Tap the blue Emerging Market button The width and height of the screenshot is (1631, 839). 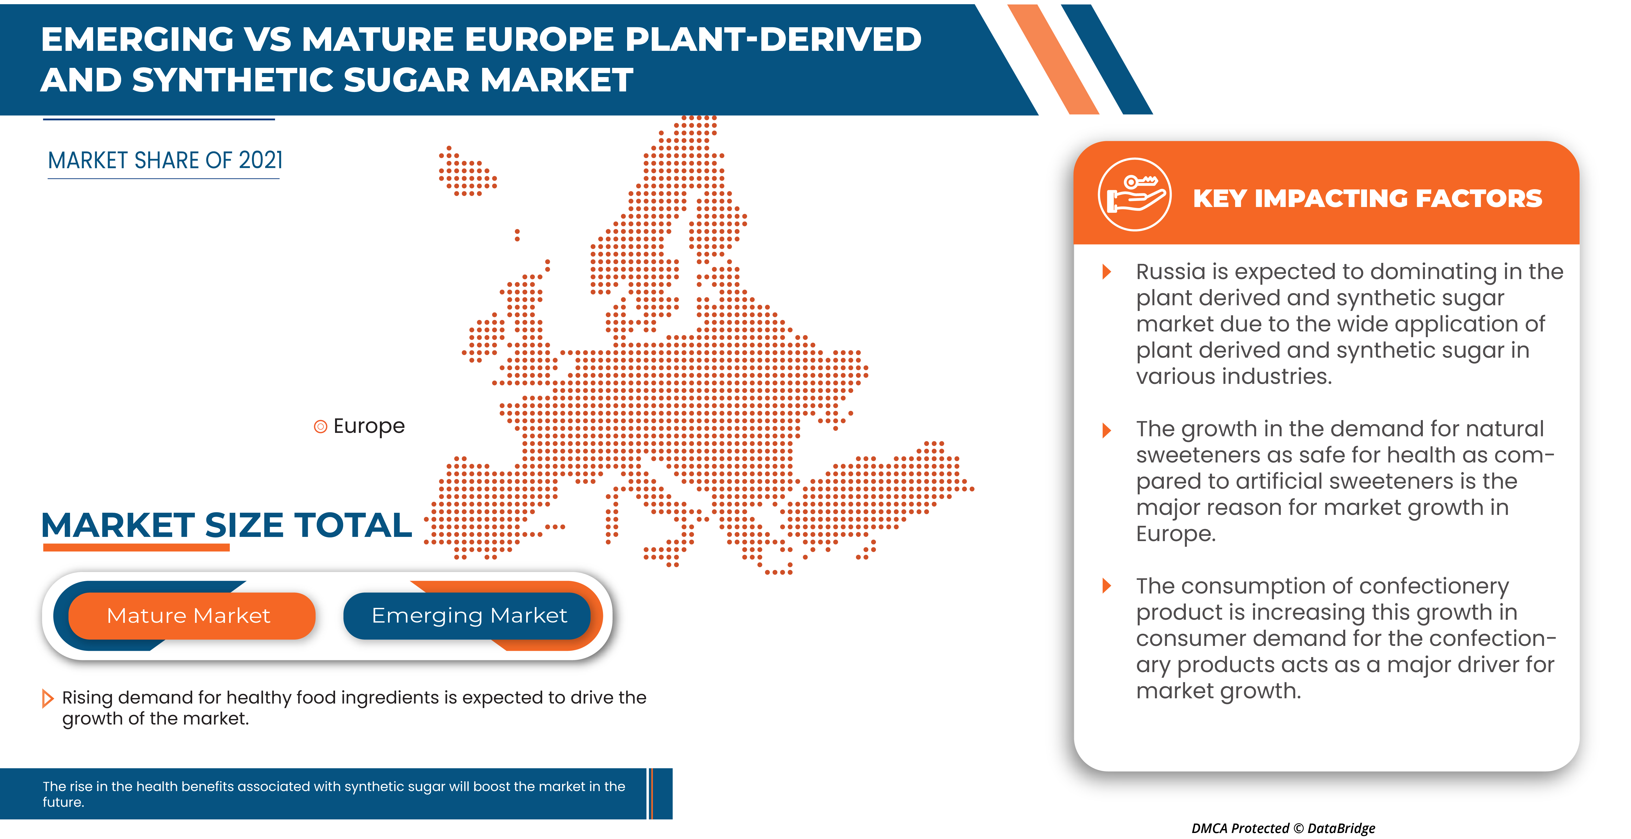(469, 616)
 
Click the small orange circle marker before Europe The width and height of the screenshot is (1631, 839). (320, 427)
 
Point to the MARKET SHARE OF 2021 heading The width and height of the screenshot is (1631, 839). (165, 161)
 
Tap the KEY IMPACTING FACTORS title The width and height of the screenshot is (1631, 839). (1368, 199)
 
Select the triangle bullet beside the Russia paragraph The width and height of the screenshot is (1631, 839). (1107, 272)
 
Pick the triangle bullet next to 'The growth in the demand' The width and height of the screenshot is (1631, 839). (1107, 430)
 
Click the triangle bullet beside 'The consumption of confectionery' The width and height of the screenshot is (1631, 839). (1107, 586)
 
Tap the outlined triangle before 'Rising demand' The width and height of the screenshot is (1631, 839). (47, 699)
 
